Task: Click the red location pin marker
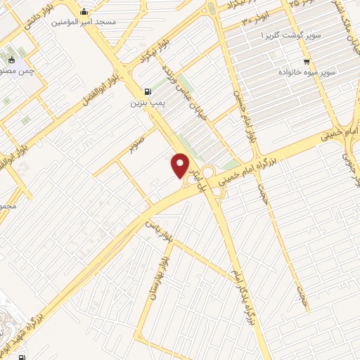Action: [x=181, y=165]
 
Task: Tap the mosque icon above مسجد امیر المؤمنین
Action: [x=85, y=11]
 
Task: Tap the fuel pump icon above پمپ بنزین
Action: [x=146, y=91]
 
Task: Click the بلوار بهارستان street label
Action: [x=165, y=277]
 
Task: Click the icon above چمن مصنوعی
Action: [x=11, y=59]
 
